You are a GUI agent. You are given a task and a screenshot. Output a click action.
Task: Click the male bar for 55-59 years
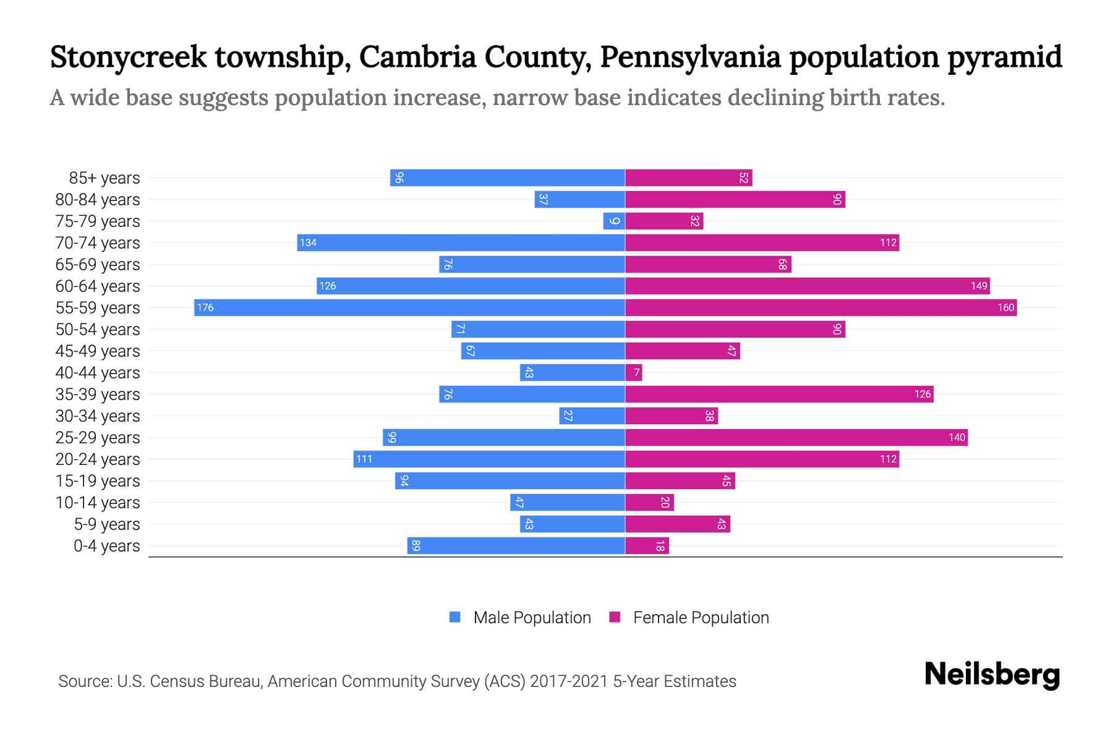click(409, 307)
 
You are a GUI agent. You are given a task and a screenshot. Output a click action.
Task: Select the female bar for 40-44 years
click(634, 372)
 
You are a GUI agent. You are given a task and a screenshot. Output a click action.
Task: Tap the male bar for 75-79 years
click(614, 221)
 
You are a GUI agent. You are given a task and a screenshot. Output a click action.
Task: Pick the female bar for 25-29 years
click(796, 437)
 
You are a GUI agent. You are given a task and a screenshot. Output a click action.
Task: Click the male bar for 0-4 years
click(516, 545)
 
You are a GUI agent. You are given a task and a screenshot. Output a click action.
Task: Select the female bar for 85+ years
click(689, 177)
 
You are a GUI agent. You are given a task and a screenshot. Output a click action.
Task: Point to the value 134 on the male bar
click(308, 242)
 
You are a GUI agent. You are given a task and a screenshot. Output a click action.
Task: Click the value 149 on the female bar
click(979, 286)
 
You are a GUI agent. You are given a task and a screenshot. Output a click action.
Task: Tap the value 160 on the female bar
click(1006, 307)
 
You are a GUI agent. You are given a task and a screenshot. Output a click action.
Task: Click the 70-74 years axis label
click(98, 242)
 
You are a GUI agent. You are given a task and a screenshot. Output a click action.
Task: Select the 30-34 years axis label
click(98, 416)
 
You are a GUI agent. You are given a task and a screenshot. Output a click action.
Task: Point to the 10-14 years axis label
click(98, 502)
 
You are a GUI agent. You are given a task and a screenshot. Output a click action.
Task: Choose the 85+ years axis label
click(104, 177)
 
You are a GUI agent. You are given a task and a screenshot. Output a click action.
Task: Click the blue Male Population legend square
click(455, 617)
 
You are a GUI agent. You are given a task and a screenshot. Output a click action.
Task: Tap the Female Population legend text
click(701, 617)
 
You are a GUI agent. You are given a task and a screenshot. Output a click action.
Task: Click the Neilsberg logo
click(992, 675)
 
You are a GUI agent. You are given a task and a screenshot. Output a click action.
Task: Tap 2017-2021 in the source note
click(568, 681)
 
